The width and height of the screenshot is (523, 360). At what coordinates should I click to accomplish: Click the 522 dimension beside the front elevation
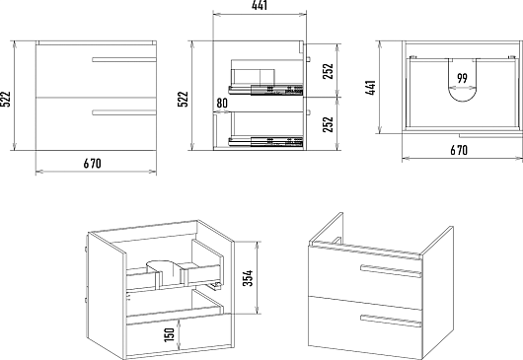click(x=6, y=99)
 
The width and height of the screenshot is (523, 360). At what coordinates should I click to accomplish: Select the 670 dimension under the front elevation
click(x=92, y=164)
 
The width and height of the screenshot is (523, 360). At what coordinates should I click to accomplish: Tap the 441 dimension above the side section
click(x=260, y=5)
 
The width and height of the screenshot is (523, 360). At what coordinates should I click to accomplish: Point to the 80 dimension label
click(x=222, y=103)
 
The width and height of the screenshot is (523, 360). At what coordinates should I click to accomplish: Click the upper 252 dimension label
click(x=329, y=71)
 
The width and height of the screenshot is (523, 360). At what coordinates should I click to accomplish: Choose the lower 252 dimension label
click(x=329, y=124)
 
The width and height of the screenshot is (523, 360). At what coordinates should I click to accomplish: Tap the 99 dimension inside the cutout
click(x=462, y=78)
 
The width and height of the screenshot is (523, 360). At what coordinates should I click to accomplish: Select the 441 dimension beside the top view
click(x=371, y=88)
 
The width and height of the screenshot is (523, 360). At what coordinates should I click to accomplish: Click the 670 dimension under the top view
click(x=459, y=150)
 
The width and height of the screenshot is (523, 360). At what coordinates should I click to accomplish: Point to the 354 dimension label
click(x=248, y=278)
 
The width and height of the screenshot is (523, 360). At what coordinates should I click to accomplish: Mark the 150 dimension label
click(x=170, y=334)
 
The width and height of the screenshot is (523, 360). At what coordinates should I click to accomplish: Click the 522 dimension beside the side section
click(x=184, y=99)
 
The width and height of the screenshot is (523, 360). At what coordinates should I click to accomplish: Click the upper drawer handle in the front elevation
click(x=124, y=59)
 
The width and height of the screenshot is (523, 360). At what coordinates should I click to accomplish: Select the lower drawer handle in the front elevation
click(x=124, y=112)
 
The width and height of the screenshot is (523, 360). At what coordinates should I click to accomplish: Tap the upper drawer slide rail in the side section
click(x=265, y=90)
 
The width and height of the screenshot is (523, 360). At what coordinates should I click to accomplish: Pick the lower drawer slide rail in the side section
click(x=265, y=142)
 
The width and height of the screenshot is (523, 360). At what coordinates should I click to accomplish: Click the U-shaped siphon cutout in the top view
click(x=462, y=99)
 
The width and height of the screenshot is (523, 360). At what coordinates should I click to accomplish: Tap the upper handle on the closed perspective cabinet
click(x=391, y=271)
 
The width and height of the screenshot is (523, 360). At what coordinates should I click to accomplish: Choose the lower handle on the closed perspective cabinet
click(x=391, y=321)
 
